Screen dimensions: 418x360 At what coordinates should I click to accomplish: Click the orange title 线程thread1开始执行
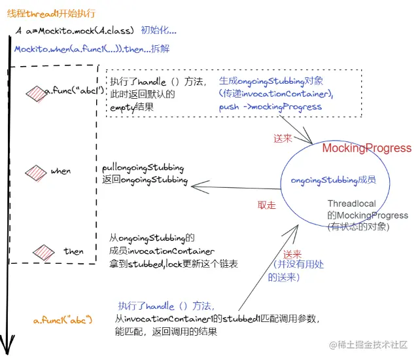pyautogui.click(x=51, y=13)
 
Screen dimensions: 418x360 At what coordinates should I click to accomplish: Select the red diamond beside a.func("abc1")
pyautogui.click(x=36, y=94)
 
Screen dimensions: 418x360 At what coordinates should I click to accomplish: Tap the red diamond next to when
pyautogui.click(x=36, y=173)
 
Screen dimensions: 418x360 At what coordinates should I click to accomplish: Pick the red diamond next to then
pyautogui.click(x=43, y=252)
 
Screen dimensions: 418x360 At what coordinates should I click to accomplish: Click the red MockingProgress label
pyautogui.click(x=367, y=148)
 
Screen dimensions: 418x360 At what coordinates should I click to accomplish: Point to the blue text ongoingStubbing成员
pyautogui.click(x=333, y=180)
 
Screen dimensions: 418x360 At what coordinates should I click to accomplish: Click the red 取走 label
pyautogui.click(x=267, y=205)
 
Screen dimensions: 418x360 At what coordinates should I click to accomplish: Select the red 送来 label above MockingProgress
pyautogui.click(x=283, y=138)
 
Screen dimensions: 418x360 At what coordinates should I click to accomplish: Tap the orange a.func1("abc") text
pyautogui.click(x=63, y=319)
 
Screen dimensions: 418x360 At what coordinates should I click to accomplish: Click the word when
pyautogui.click(x=61, y=171)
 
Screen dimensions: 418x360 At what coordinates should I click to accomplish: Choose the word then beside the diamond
pyautogui.click(x=73, y=251)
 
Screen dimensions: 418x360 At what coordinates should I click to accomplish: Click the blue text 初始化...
pyautogui.click(x=158, y=30)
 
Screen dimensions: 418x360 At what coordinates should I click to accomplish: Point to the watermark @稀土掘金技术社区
pyautogui.click(x=368, y=345)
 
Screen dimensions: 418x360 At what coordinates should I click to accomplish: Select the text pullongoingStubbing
pyautogui.click(x=143, y=168)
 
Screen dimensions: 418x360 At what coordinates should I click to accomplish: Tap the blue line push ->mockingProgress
pyautogui.click(x=270, y=107)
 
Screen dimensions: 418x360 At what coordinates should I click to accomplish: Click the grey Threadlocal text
pyautogui.click(x=352, y=204)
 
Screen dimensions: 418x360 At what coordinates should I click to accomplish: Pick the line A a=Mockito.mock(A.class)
pyautogui.click(x=75, y=31)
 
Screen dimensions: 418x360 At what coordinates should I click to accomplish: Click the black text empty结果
pyautogui.click(x=131, y=107)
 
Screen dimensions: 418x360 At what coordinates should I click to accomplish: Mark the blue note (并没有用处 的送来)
pyautogui.click(x=296, y=271)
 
